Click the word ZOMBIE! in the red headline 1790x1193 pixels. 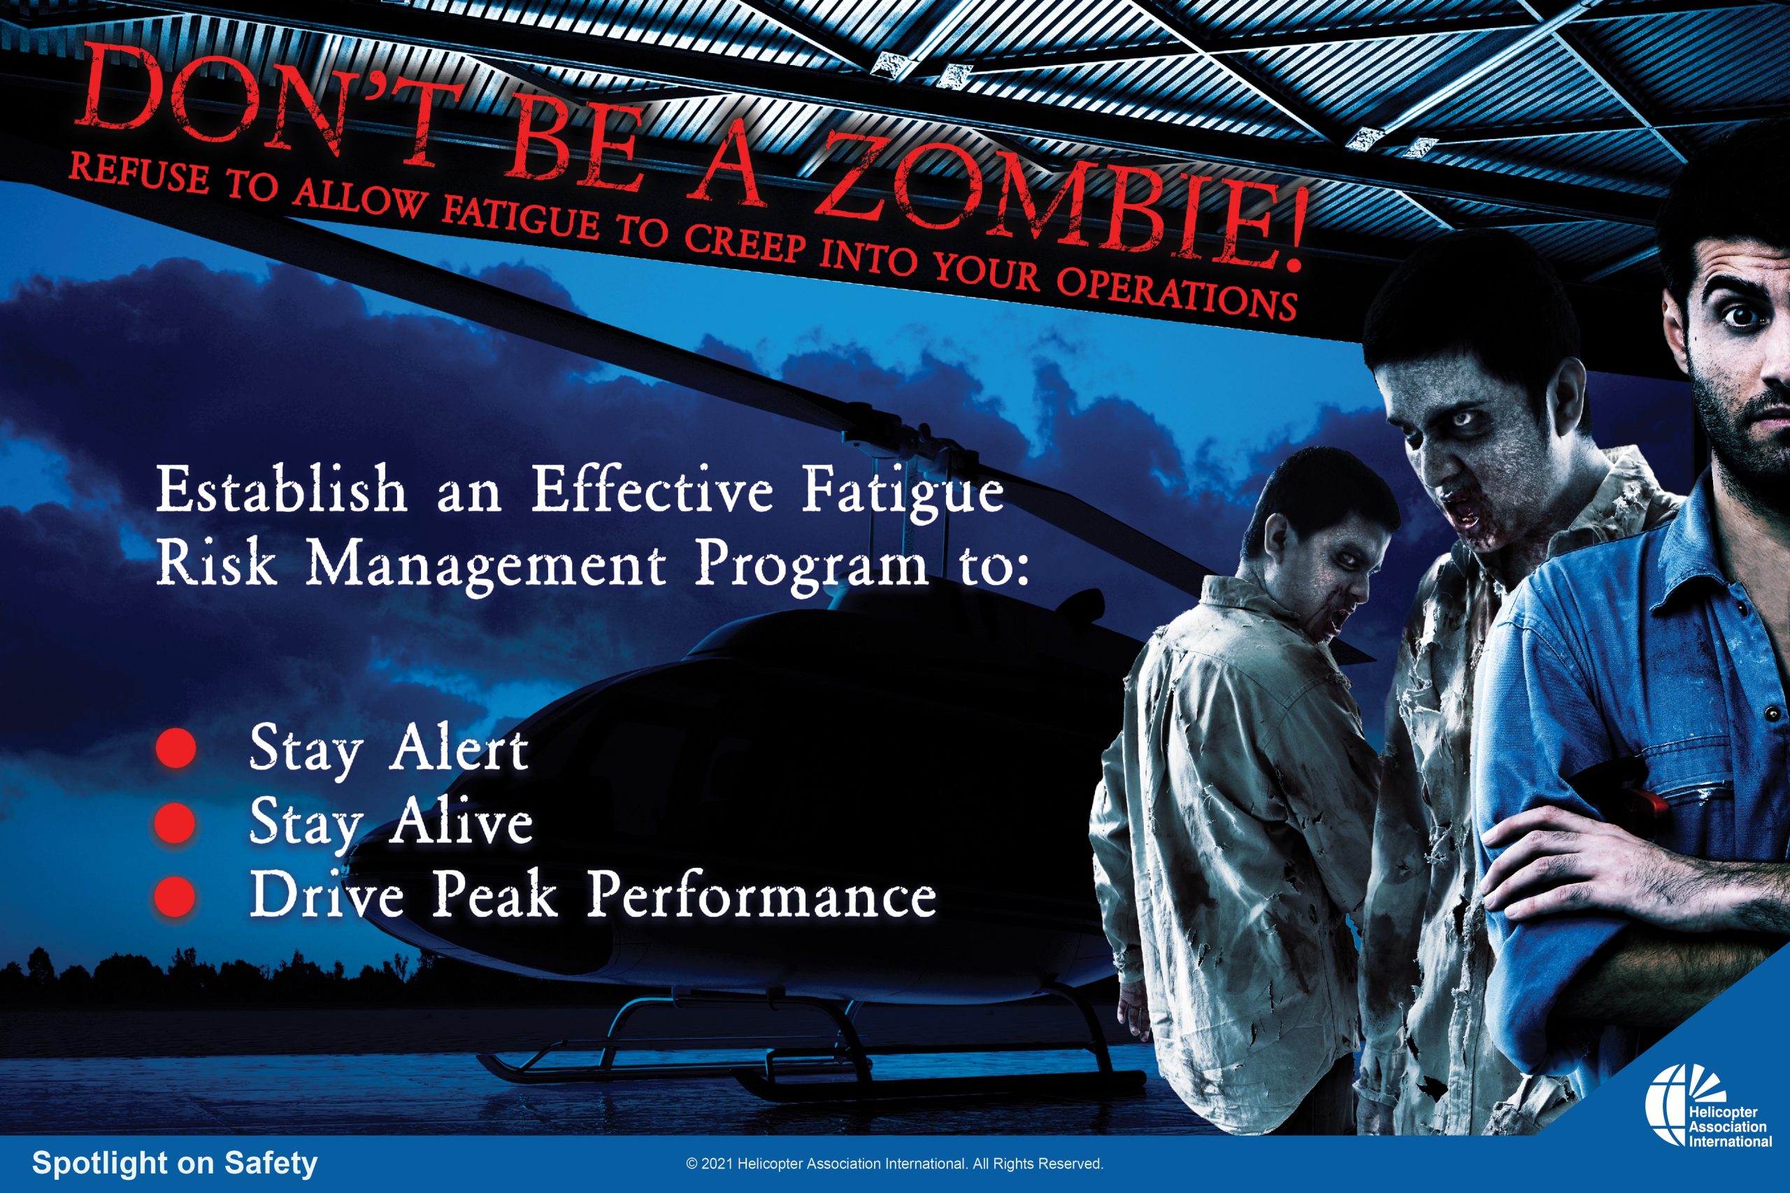click(1061, 201)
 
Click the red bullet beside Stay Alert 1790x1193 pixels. click(176, 748)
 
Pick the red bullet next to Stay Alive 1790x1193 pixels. click(176, 822)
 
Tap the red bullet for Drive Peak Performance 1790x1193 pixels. click(176, 895)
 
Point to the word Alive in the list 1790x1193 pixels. click(461, 822)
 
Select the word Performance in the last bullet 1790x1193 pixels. click(761, 895)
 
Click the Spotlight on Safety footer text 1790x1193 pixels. click(174, 1164)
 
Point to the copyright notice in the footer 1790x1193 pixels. click(894, 1164)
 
